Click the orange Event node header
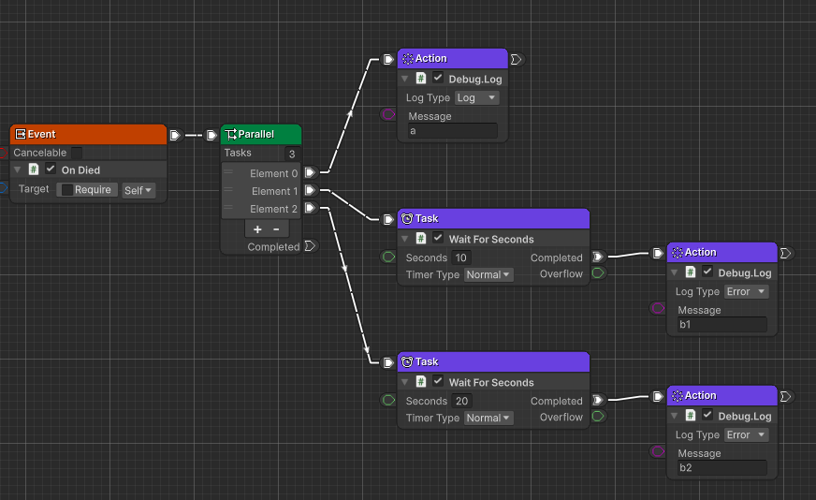(x=88, y=135)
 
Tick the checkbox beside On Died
(x=51, y=169)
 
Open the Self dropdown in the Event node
(x=138, y=190)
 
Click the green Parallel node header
(x=261, y=135)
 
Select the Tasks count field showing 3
(x=292, y=154)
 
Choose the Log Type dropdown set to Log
(x=477, y=98)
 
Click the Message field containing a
(x=453, y=131)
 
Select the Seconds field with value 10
(x=461, y=257)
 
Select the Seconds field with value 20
(x=461, y=401)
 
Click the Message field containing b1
(x=721, y=325)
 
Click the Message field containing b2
(x=721, y=468)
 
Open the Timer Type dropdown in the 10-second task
(x=489, y=275)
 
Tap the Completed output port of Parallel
(x=311, y=246)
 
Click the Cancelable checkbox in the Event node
(x=77, y=153)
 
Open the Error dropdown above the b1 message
(x=747, y=292)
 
